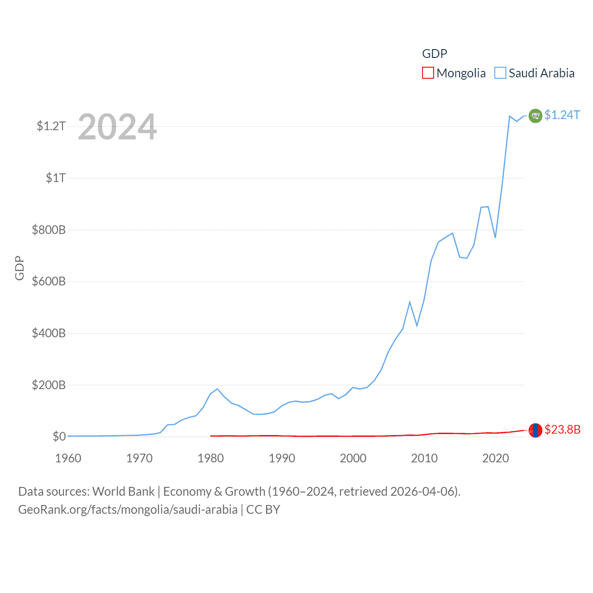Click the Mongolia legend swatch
coord(428,73)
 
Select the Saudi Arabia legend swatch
coord(500,73)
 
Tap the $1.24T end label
coord(562,115)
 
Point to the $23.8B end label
coord(562,429)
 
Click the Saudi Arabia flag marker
coord(535,115)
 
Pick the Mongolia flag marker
coord(535,430)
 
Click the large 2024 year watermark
coord(117,127)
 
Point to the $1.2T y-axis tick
coord(51,126)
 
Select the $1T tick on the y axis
coord(56,178)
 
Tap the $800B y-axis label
coord(49,230)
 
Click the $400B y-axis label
coord(49,333)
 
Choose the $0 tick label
coord(59,436)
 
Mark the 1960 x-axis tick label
coord(68,458)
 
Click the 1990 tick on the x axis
coord(282,458)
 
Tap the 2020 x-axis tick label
coord(495,458)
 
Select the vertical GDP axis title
coord(19,268)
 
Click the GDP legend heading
coord(435,54)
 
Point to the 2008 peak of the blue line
coord(410,302)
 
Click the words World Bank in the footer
coord(124,491)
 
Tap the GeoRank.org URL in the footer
coord(127,510)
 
